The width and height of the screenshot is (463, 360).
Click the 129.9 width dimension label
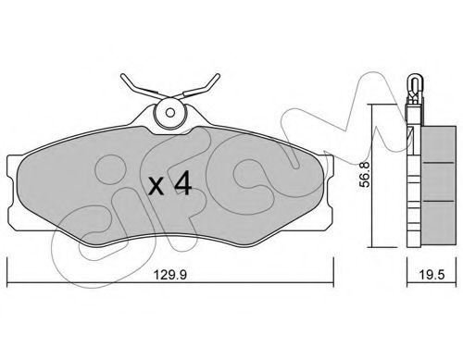click(x=170, y=275)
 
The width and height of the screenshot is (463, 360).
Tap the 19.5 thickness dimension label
click(x=432, y=275)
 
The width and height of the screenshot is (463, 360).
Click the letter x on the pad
click(x=156, y=187)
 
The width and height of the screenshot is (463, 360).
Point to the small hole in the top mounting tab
click(x=169, y=113)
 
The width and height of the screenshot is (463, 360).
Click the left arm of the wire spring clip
click(x=139, y=87)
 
